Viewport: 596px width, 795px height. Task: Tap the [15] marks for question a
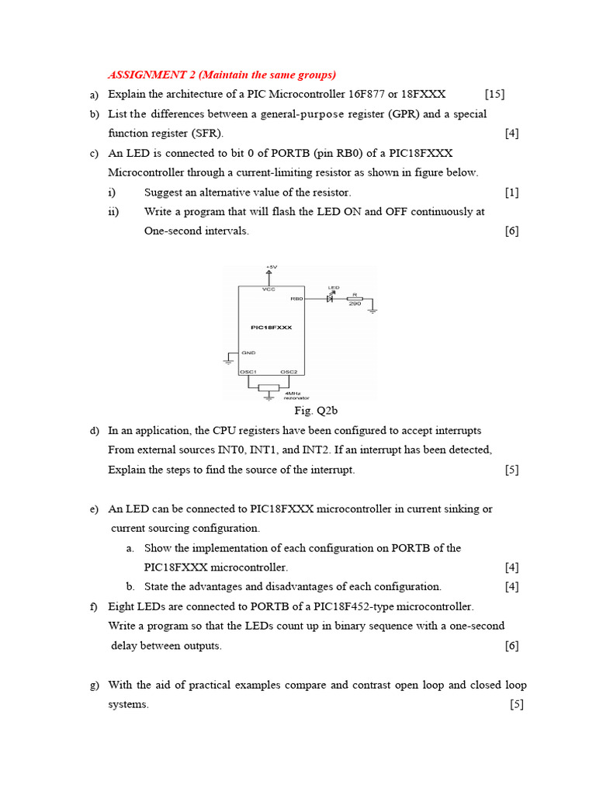tap(495, 95)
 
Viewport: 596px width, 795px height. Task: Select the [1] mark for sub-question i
tap(511, 193)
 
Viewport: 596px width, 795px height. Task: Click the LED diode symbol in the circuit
tap(330, 298)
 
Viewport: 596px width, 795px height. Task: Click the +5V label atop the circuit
tap(270, 267)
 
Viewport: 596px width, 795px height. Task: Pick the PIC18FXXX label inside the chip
tap(272, 328)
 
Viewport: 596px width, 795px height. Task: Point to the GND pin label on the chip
tap(248, 353)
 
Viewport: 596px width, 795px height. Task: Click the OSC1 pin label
tap(248, 372)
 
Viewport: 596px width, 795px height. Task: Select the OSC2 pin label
tap(289, 372)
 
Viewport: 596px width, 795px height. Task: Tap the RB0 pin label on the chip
tap(296, 298)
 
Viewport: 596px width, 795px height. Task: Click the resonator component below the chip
tap(269, 387)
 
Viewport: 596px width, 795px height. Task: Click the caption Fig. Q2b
tap(316, 411)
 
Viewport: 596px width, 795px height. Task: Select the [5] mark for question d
tap(511, 470)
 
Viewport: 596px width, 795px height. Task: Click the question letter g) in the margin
tap(94, 685)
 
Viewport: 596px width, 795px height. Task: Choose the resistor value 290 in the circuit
tap(354, 304)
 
